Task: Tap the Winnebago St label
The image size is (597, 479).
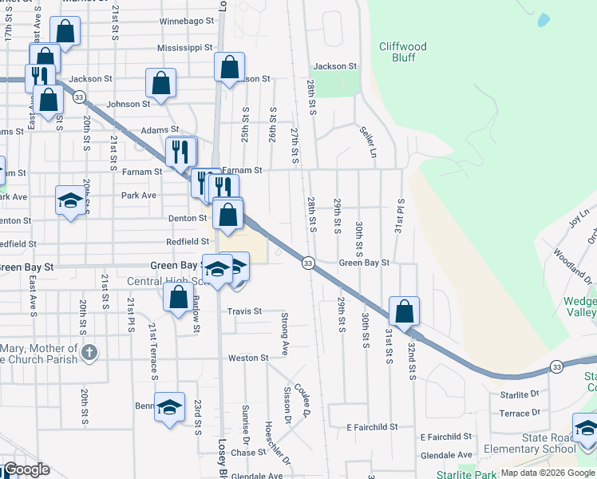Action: coord(187,21)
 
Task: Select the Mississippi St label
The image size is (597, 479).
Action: coord(184,48)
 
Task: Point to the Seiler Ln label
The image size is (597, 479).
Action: coord(367,141)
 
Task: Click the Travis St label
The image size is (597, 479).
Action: coord(244,311)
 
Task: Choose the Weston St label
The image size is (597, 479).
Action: coord(247,358)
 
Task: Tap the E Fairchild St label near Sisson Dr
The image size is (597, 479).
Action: coord(372,427)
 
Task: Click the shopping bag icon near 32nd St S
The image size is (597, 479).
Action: coord(405,311)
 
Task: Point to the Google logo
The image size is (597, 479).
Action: coord(26,469)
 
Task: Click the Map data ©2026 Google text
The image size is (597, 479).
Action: coord(548,473)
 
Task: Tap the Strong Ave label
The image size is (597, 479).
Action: coord(284,334)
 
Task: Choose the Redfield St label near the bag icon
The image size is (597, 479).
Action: coord(187,241)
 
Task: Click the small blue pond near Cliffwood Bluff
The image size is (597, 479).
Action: coord(544,19)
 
